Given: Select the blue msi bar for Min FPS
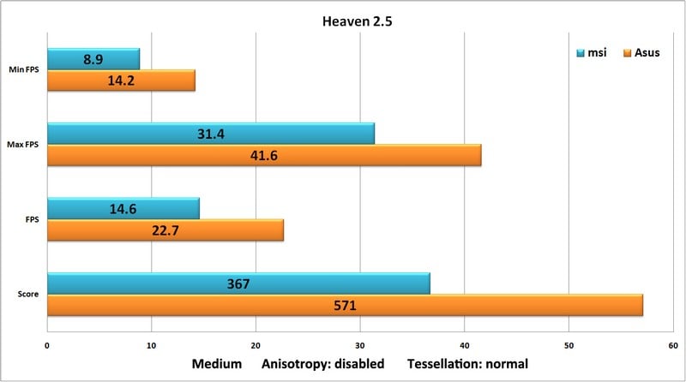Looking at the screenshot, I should pyautogui.click(x=93, y=59).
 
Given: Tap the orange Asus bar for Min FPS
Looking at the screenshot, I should pyautogui.click(x=121, y=81).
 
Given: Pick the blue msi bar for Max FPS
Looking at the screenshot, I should pyautogui.click(x=210, y=134).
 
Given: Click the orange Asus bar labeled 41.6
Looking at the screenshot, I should pyautogui.click(x=263, y=155).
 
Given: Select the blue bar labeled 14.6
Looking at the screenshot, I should pyautogui.click(x=123, y=208).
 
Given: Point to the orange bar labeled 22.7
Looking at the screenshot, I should pyautogui.click(x=165, y=230).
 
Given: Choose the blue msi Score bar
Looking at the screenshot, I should pyautogui.click(x=238, y=284).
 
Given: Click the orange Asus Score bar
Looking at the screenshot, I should pyautogui.click(x=345, y=305).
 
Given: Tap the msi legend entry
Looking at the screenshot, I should pyautogui.click(x=592, y=53).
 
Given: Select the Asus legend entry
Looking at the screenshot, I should pyautogui.click(x=642, y=53).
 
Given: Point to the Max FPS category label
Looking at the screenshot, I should pyautogui.click(x=25, y=145).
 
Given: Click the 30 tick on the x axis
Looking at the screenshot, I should pyautogui.click(x=359, y=346).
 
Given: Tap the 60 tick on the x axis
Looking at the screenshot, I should pyautogui.click(x=672, y=346).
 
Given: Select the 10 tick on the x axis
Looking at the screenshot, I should pyautogui.click(x=151, y=346).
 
